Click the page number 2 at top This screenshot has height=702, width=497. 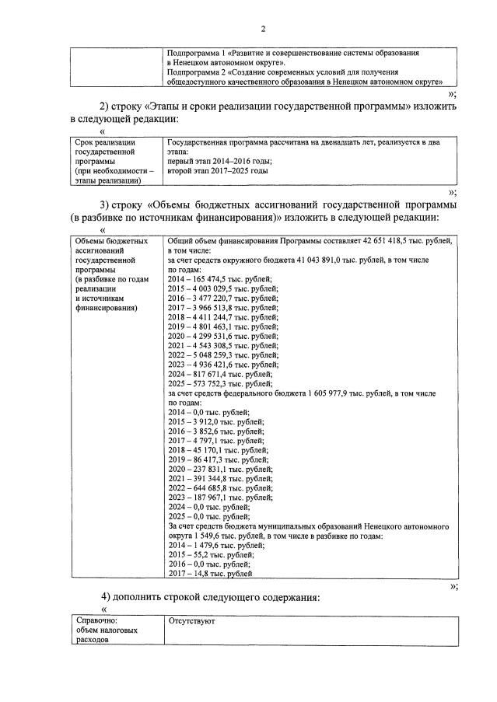263,30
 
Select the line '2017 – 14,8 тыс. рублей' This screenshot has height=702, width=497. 210,574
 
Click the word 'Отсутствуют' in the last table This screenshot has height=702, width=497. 191,621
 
